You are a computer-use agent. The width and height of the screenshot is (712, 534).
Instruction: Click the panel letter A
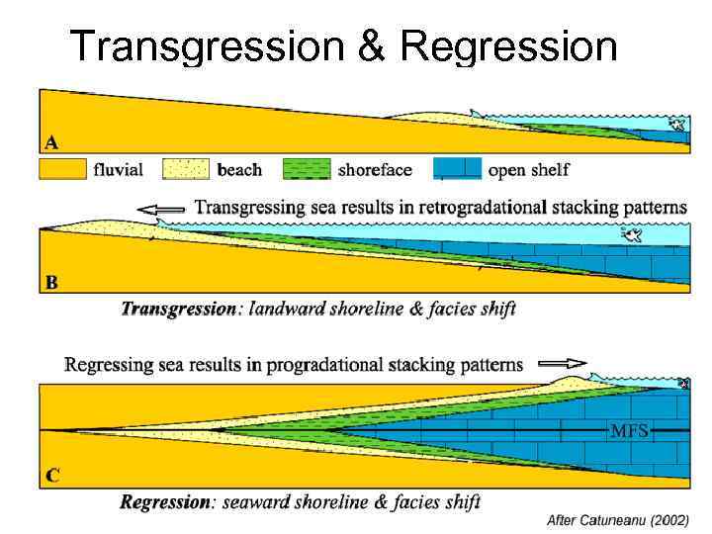point(49,140)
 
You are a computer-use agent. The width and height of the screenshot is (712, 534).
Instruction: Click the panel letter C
point(51,475)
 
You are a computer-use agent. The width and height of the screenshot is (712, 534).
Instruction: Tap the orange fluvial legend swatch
point(62,169)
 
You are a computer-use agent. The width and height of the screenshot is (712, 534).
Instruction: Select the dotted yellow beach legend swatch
point(186,169)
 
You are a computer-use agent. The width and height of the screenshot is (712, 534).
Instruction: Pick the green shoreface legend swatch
point(308,169)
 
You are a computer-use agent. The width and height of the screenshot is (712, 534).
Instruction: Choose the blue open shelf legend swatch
point(457,169)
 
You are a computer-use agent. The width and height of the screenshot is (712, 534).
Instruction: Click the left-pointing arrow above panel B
point(162,209)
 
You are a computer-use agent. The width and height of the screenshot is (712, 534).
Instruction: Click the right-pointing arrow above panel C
point(563,363)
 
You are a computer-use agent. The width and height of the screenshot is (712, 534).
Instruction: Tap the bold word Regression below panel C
point(165,501)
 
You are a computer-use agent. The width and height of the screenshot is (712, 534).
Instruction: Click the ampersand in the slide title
point(373,45)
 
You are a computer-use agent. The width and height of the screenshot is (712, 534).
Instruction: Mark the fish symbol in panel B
point(631,234)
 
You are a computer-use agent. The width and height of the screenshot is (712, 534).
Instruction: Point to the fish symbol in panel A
point(676,124)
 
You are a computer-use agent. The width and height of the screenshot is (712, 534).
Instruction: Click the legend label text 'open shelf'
point(529,170)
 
